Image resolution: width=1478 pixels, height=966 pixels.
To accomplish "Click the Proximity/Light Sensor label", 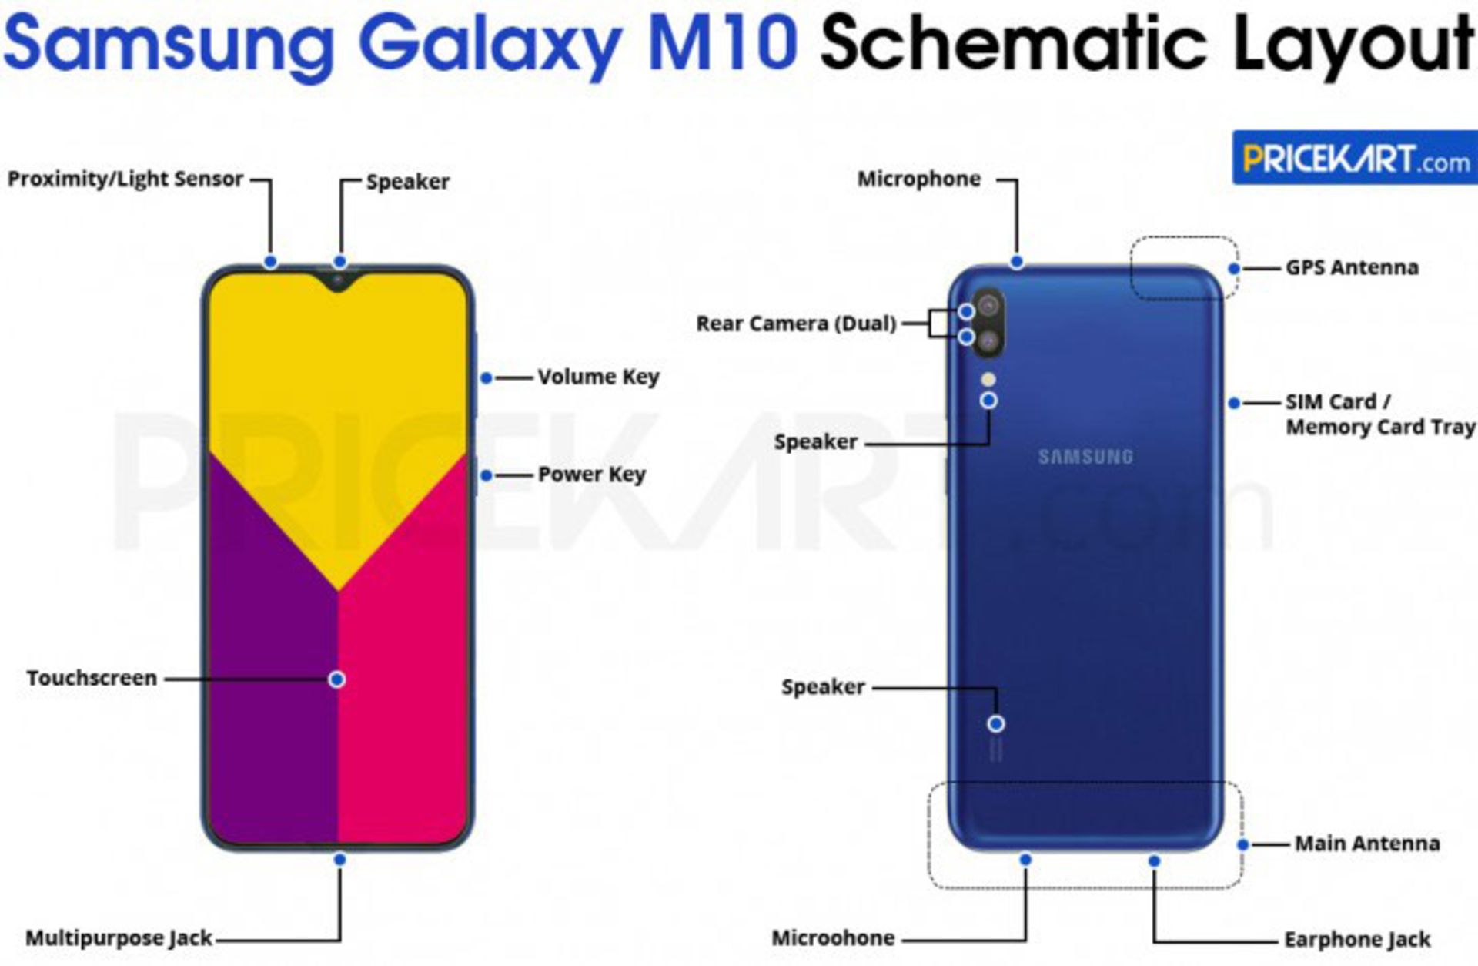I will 125,179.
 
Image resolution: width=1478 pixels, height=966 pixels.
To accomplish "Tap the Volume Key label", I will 598,377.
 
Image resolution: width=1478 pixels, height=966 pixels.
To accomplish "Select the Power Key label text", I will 591,475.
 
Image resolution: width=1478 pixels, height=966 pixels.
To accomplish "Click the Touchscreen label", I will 92,678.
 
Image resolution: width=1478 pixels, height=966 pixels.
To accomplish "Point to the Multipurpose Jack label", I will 119,938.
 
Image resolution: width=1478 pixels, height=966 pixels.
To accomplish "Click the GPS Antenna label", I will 1352,267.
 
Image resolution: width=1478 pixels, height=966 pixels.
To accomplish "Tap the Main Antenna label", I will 1366,844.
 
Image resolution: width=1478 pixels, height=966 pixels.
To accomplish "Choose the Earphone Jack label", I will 1357,940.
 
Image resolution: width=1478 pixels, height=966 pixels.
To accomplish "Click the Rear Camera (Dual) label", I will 796,324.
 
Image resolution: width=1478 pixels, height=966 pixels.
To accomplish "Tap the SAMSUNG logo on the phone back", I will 1085,457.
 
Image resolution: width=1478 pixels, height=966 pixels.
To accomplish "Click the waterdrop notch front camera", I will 337,280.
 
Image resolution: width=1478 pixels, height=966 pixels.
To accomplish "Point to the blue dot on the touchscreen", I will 336,679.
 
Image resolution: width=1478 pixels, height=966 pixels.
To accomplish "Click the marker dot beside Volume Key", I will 487,377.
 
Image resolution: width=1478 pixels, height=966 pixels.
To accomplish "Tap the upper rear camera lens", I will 989,307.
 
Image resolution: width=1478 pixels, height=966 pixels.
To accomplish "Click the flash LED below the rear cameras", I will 988,380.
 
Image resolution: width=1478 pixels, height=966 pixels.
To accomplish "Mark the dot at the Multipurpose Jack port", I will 339,859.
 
